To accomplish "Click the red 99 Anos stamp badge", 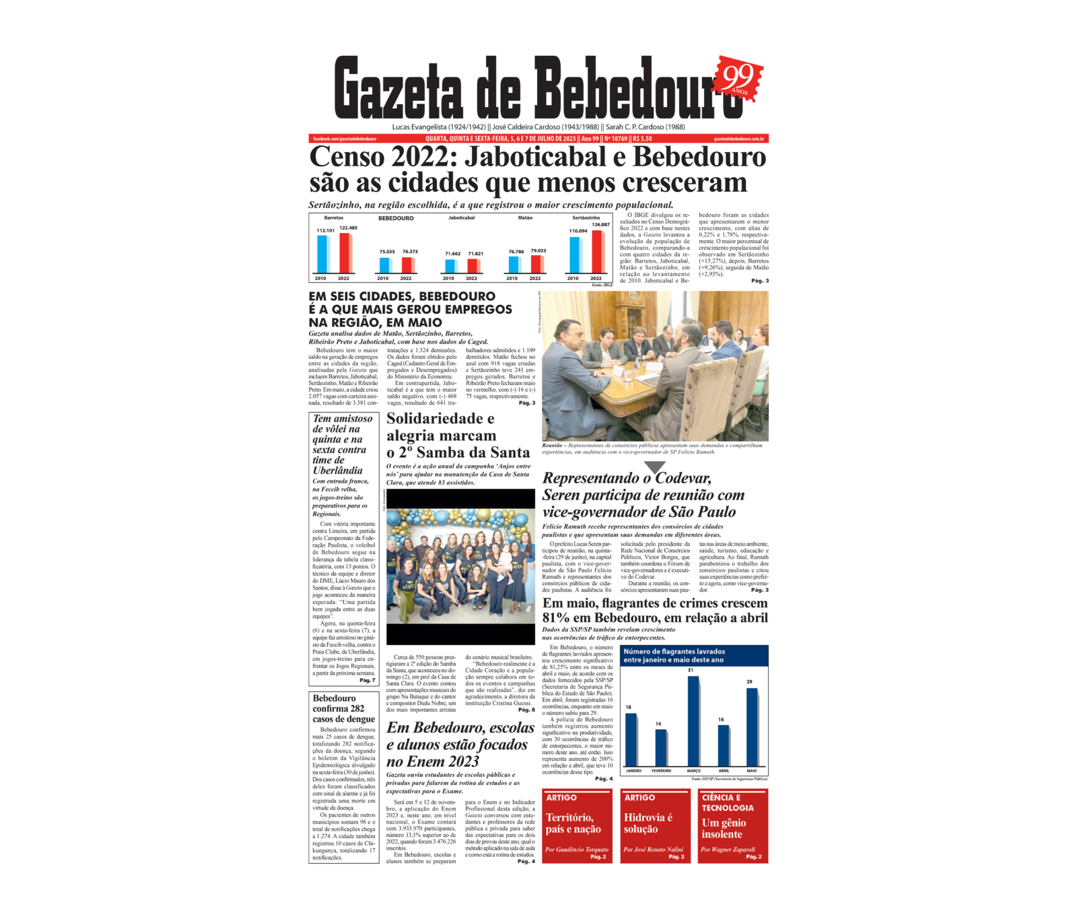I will [x=740, y=79].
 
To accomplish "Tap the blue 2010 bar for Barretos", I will [x=322, y=254].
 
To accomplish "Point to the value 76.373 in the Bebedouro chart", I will [x=409, y=252].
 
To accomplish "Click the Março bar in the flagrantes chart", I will [x=693, y=720].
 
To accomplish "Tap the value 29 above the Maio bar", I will [x=749, y=682].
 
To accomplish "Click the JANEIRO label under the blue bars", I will [x=633, y=771].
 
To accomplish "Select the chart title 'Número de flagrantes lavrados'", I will [x=674, y=652].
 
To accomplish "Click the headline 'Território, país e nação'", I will [x=573, y=823].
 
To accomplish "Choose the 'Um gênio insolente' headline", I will [x=724, y=829].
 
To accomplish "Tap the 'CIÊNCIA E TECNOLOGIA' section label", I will [x=727, y=803].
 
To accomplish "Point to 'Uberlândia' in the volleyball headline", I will [x=337, y=471].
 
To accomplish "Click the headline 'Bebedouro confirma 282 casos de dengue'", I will [x=343, y=708].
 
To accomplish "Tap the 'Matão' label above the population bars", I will [x=525, y=217].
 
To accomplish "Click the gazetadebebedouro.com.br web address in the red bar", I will [x=738, y=139].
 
